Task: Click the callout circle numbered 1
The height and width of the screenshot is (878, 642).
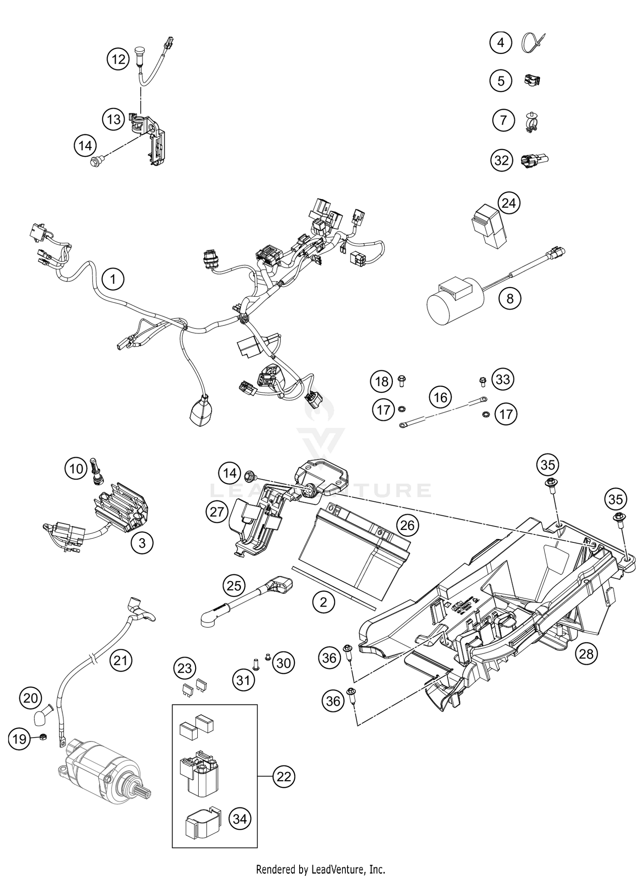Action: coord(113,280)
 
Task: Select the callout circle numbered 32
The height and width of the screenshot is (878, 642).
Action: coord(501,161)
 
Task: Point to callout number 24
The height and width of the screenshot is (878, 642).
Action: coord(508,203)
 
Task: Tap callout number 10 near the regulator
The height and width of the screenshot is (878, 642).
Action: coord(76,469)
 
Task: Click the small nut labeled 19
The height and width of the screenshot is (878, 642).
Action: coord(43,737)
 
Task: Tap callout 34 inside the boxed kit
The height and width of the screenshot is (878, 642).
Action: coord(240,819)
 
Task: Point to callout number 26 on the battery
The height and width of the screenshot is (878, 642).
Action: coord(407,525)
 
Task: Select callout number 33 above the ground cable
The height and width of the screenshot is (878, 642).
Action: coord(503,379)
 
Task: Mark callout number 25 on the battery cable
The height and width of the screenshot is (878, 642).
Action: coord(234,586)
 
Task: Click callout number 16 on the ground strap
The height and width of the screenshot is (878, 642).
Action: coord(440,397)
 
